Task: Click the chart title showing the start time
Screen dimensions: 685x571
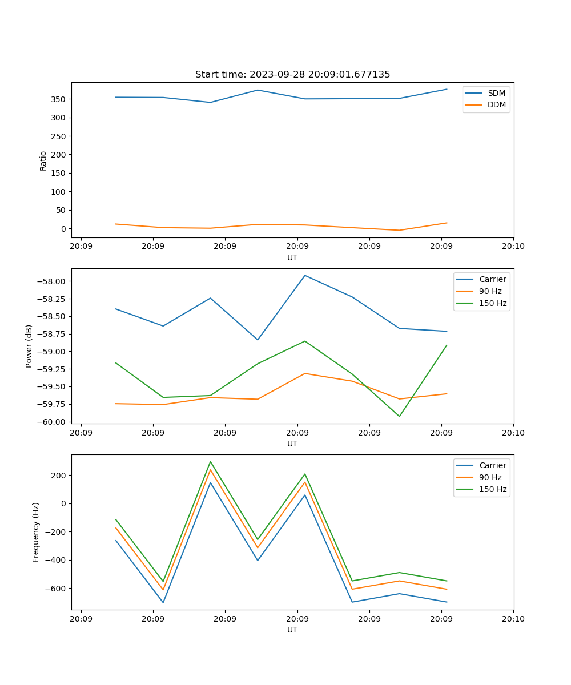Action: [292, 75]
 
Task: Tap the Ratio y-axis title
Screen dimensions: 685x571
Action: [43, 160]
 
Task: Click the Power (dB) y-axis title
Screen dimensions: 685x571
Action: [29, 346]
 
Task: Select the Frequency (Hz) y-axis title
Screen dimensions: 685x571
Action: [36, 532]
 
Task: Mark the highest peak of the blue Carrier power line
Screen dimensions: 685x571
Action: [305, 276]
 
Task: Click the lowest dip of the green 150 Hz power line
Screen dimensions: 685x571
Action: [399, 416]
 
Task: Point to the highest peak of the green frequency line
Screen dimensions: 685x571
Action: [210, 462]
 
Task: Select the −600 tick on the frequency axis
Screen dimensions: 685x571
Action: [57, 589]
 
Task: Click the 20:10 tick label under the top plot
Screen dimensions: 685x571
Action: [513, 246]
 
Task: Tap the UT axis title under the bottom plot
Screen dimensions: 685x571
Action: [292, 630]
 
